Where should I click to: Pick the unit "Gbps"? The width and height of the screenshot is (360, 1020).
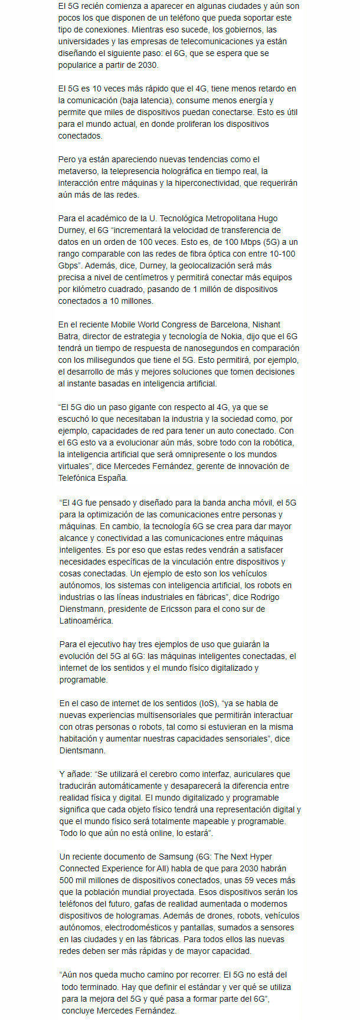(69, 265)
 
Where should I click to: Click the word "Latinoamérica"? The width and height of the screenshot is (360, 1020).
(87, 621)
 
